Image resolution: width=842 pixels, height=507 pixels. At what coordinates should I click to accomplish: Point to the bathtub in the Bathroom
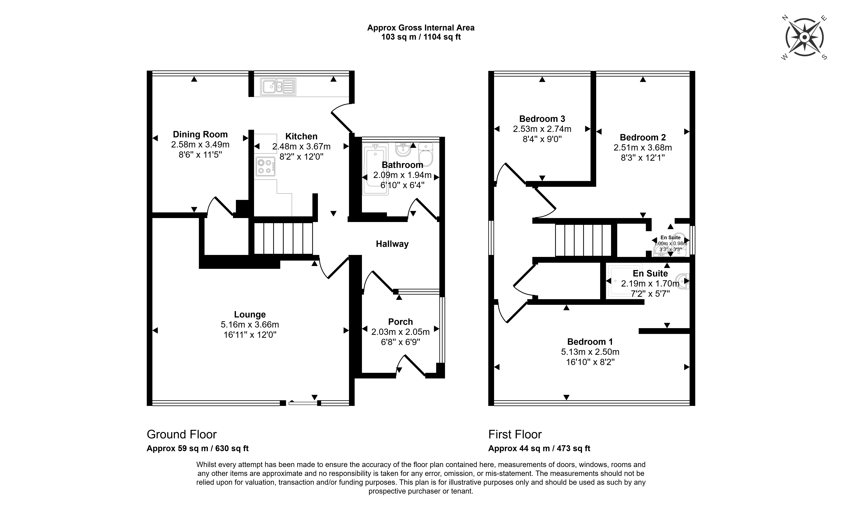click(375, 169)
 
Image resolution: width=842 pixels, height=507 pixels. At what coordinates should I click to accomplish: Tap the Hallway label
click(392, 244)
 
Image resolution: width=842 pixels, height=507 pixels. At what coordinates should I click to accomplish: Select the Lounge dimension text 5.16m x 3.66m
click(250, 325)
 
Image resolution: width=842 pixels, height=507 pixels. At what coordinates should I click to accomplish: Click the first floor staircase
click(583, 240)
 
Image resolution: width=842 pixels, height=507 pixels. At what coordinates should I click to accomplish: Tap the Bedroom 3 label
click(542, 119)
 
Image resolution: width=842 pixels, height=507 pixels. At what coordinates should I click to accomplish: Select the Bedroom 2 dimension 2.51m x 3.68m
click(643, 148)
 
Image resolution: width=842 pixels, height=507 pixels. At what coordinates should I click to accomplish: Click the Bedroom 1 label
click(590, 342)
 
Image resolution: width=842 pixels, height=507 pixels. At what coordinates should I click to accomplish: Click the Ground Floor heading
click(182, 435)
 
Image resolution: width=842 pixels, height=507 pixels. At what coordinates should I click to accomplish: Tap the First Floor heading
click(515, 435)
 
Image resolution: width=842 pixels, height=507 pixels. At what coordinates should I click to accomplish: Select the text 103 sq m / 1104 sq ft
click(421, 37)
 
